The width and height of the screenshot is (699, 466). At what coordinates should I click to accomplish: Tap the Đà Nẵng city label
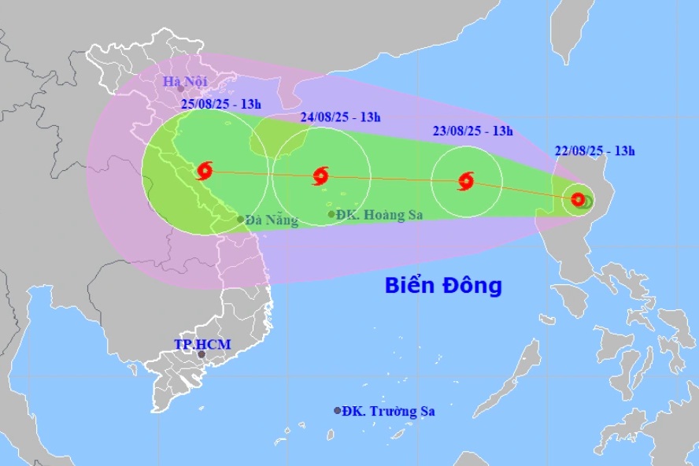point(272,221)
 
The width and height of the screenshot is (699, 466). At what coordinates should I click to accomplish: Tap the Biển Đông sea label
point(443,285)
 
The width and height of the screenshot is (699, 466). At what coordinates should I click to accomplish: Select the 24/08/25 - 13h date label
point(341,117)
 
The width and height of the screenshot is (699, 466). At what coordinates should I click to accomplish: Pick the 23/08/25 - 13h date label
point(473,131)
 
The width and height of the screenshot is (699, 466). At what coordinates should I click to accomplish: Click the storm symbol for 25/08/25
point(205,170)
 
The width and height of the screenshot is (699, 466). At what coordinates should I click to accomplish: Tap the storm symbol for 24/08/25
point(320,176)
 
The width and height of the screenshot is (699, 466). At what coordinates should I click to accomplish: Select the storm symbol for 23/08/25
point(465,182)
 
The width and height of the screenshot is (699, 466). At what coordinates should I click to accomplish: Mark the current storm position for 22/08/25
point(579,200)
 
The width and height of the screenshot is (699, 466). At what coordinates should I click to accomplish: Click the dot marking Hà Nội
point(180,88)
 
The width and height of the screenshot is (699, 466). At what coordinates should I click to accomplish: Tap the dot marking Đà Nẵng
point(240,220)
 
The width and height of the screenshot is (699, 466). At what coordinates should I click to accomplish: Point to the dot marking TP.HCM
point(202,354)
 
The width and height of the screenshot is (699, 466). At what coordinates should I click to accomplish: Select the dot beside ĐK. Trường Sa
point(338,410)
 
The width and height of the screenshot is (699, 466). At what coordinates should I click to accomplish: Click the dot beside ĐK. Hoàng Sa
point(331,214)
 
